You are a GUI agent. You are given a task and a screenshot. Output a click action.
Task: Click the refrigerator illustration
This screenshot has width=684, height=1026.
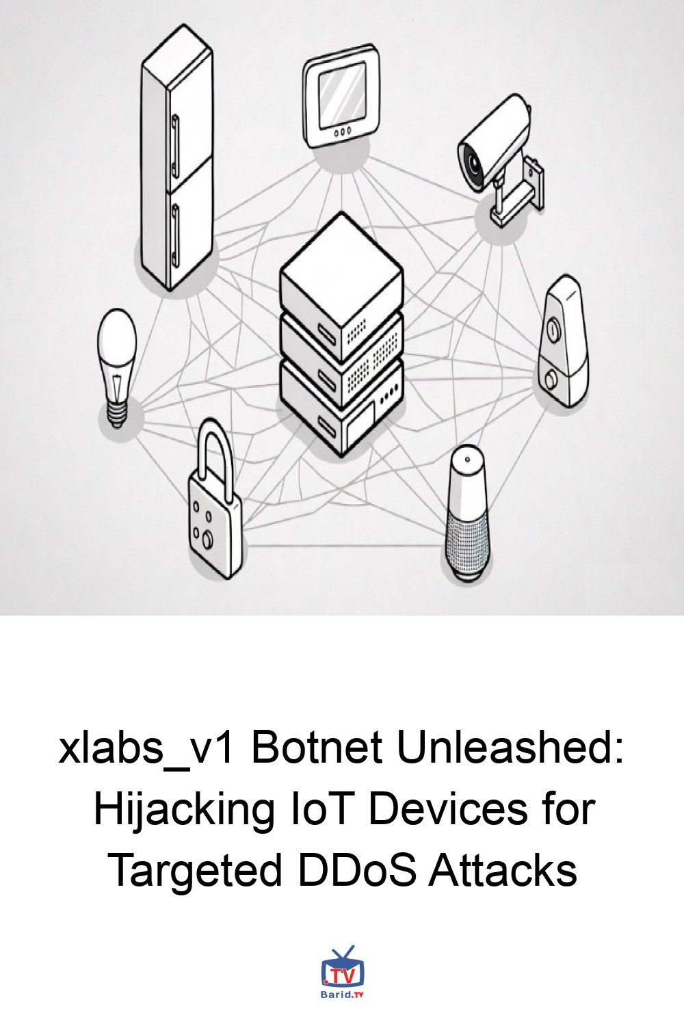click(x=177, y=157)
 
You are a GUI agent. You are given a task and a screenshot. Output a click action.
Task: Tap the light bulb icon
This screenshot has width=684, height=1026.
click(x=117, y=368)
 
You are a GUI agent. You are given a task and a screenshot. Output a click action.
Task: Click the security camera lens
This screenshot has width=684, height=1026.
click(x=473, y=161)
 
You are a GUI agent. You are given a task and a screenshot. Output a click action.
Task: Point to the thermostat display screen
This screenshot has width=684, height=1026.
click(x=342, y=95)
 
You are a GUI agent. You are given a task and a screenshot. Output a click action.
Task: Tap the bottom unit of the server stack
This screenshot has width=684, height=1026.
click(x=341, y=408)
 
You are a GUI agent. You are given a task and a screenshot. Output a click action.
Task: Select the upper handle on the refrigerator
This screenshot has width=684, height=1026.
click(x=174, y=147)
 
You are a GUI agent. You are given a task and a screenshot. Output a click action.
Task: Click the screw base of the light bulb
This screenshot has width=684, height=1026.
click(x=116, y=415)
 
